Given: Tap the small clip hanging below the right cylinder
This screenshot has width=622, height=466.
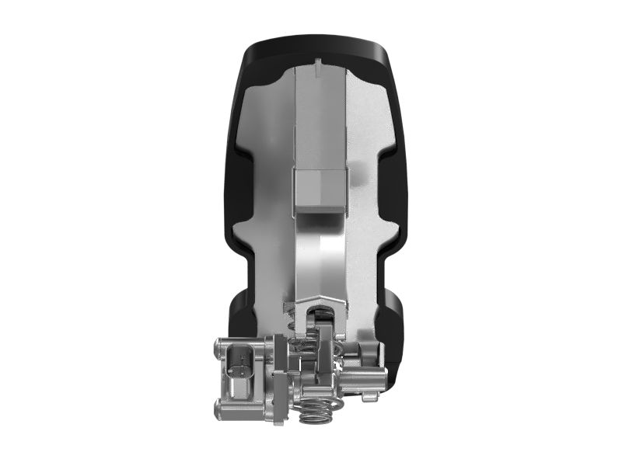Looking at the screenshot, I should tap(370, 397).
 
